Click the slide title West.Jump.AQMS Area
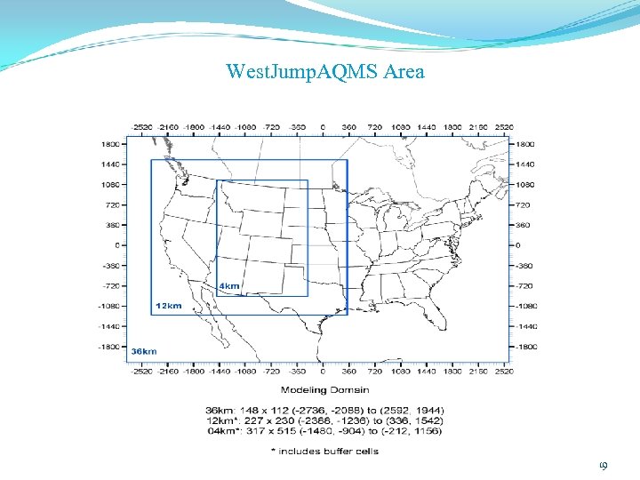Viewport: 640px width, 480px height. pos(325,71)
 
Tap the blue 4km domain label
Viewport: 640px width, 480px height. pos(228,285)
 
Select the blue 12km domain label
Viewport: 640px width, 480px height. pos(169,306)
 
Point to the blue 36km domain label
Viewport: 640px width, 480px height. pos(144,351)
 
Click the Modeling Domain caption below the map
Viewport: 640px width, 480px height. pos(325,389)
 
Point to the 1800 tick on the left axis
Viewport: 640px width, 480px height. pos(110,143)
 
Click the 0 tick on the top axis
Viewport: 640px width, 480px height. pos(322,127)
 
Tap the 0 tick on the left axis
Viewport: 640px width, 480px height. pos(117,244)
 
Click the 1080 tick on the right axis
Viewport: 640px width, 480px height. pos(527,184)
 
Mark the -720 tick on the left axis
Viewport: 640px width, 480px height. pos(110,285)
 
